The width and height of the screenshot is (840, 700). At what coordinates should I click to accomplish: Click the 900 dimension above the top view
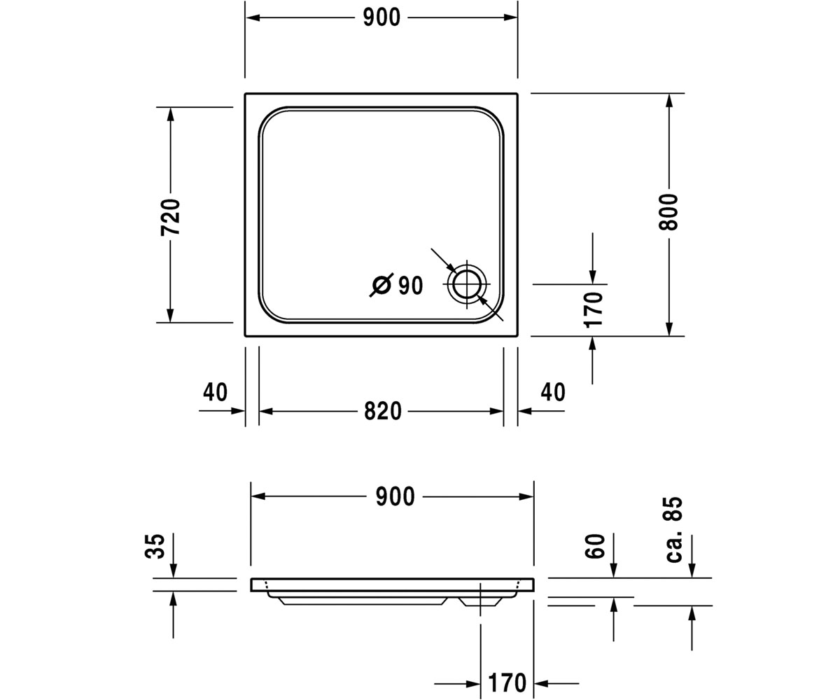[x=381, y=17]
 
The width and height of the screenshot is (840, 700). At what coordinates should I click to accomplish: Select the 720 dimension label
[x=171, y=217]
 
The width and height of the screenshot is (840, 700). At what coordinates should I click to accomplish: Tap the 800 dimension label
[x=668, y=212]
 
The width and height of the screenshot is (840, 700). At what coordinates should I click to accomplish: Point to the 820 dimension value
[x=383, y=411]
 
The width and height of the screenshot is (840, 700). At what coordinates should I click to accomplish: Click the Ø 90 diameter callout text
[x=397, y=285]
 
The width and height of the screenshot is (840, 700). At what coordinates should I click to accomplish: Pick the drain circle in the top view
[x=467, y=284]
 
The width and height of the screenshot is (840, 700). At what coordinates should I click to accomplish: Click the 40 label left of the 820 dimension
[x=215, y=392]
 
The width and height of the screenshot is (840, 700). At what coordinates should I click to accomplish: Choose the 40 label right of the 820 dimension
[x=553, y=392]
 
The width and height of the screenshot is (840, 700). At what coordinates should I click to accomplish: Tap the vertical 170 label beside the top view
[x=594, y=310]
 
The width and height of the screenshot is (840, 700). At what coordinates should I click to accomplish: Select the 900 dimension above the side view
[x=395, y=496]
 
